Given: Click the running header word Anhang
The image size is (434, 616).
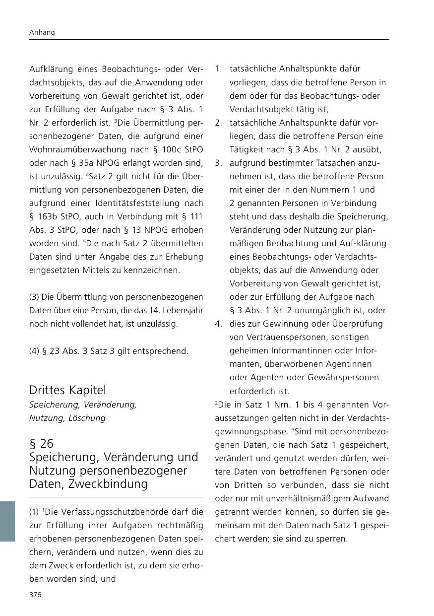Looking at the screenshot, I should (42, 32).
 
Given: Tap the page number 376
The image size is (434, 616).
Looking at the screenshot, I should (35, 595).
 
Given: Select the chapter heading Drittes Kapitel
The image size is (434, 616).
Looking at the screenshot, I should (67, 390).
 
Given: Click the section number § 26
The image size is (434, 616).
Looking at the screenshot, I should (41, 443).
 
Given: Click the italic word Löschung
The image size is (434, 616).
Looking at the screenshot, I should (87, 418).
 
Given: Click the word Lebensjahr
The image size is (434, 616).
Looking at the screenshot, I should (179, 310).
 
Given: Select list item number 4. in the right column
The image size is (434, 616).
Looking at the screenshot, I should (218, 324).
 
